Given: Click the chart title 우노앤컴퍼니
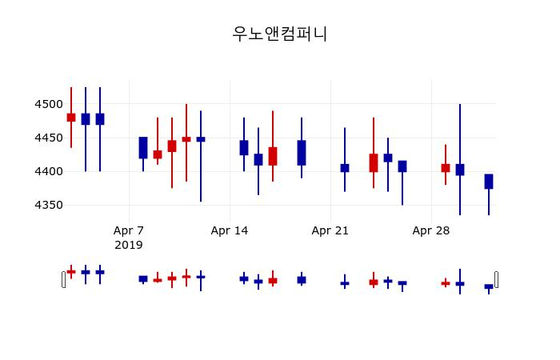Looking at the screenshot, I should tap(280, 34).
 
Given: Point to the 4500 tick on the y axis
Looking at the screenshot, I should tap(48, 104).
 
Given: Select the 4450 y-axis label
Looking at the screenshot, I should tap(48, 138).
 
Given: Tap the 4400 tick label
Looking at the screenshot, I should tap(48, 171).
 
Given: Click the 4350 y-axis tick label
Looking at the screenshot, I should tap(48, 205).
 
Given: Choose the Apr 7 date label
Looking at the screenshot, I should tap(129, 230).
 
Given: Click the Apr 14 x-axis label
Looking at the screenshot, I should tap(230, 230).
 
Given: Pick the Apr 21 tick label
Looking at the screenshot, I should tap(330, 230).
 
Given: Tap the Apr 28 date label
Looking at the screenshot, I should tap(431, 230).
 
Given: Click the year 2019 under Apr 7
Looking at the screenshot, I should tap(129, 245).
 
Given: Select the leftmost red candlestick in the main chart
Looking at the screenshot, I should tap(71, 118).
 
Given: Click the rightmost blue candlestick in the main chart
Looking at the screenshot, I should tap(489, 182).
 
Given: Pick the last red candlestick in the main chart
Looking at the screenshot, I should tap(446, 168).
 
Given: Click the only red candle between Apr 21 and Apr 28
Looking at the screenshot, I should tap(374, 163).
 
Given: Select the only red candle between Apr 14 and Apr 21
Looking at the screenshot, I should tap(273, 156).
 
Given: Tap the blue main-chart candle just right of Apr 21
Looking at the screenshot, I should tap(345, 168).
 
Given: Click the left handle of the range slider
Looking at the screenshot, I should tap(64, 279).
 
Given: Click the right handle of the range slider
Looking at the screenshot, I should tap(496, 279).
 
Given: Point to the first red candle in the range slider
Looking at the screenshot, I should tap(71, 272).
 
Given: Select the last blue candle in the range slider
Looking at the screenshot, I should tap(489, 286).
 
